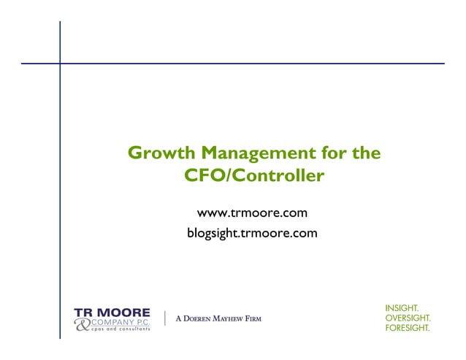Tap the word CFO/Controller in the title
pyautogui.click(x=255, y=177)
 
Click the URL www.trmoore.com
pyautogui.click(x=252, y=213)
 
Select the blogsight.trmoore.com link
pyautogui.click(x=252, y=234)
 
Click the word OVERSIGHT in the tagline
pyautogui.click(x=408, y=318)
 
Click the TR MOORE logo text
pyautogui.click(x=112, y=312)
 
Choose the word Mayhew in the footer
pyautogui.click(x=232, y=319)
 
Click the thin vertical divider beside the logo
pyautogui.click(x=166, y=318)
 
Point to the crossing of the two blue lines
pyautogui.click(x=60, y=64)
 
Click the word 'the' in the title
pyautogui.click(x=365, y=154)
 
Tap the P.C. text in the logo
pyautogui.click(x=142, y=322)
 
